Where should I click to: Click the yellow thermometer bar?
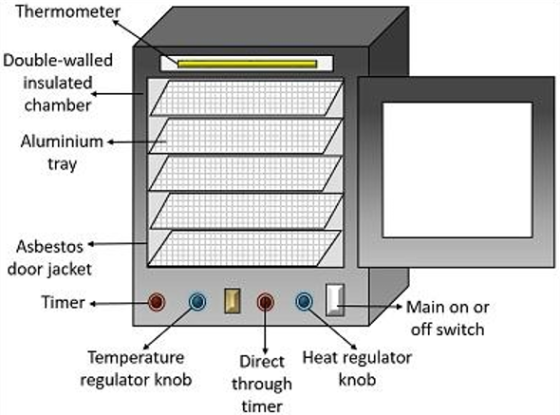pos(247,64)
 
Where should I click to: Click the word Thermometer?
pos(67,11)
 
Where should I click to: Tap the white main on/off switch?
pos(335,300)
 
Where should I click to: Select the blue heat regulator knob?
pos(304,301)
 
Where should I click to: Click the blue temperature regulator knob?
pos(197,301)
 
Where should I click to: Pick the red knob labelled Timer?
pos(157,302)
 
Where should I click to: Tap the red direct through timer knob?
pos(265,302)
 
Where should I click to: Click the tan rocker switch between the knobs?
pos(233,301)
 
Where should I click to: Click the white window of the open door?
pos(457,170)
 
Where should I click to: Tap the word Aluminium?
pos(62,141)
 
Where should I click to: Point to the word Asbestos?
pos(49,247)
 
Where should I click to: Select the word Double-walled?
pos(58,60)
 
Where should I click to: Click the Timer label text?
pos(64,302)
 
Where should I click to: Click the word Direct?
pos(262,362)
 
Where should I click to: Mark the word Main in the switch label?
pos(425,307)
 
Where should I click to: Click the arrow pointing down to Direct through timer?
pos(265,329)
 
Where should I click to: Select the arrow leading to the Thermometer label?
pos(145,42)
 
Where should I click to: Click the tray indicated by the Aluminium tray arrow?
pos(246,136)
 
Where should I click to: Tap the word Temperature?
pos(136,358)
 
